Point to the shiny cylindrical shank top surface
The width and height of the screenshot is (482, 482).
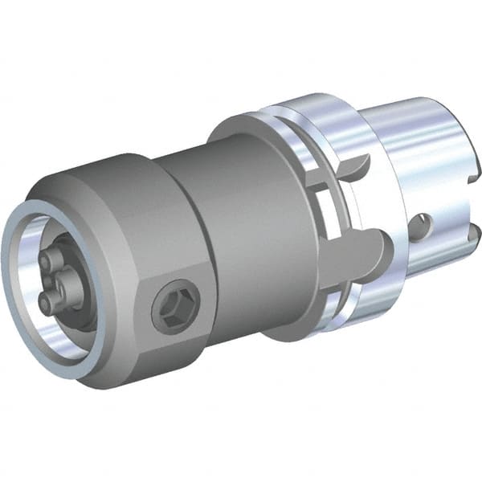click(418, 120)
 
